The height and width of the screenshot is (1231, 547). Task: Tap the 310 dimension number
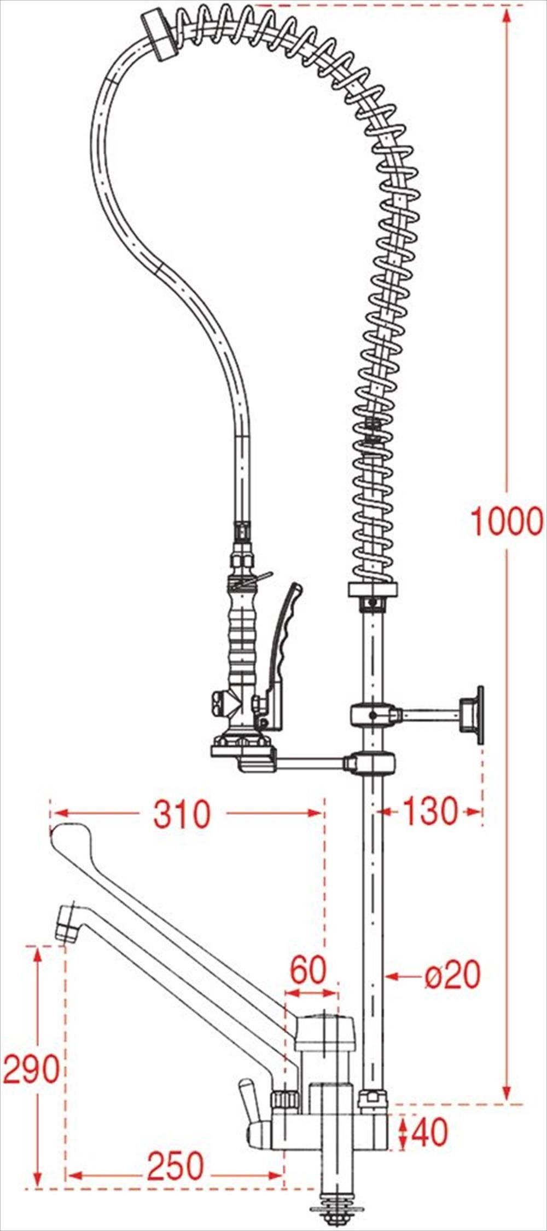[182, 814]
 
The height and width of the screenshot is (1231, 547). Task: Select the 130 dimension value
[430, 812]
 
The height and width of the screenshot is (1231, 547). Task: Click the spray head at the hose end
[158, 35]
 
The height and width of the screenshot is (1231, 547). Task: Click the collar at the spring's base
[372, 590]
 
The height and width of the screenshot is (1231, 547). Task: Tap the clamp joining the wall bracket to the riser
[373, 714]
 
